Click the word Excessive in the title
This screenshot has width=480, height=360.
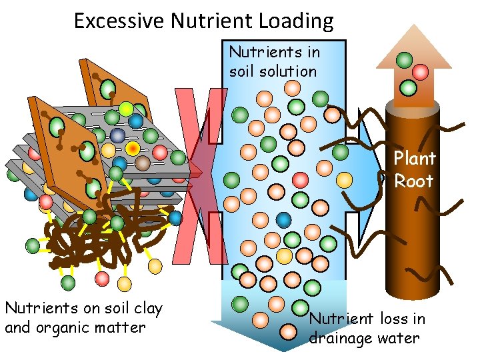119,21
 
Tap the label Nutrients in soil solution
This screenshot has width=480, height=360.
274,61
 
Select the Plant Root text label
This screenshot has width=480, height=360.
414,169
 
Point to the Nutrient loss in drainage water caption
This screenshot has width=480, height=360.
366,328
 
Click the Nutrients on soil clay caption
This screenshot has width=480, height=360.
83,317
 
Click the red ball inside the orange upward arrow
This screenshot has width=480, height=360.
420,72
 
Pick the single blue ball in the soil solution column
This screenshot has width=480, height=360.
285,219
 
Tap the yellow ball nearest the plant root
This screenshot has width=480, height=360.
344,179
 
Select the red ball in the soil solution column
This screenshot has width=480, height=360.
301,179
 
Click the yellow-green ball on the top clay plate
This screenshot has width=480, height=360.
126,109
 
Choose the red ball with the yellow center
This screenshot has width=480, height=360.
133,147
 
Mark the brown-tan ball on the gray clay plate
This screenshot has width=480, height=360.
143,162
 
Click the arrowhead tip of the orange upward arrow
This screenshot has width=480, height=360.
413,27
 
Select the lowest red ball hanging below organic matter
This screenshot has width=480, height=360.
102,277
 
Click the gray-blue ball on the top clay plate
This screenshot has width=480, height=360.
117,135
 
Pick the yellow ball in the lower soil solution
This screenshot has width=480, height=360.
284,256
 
